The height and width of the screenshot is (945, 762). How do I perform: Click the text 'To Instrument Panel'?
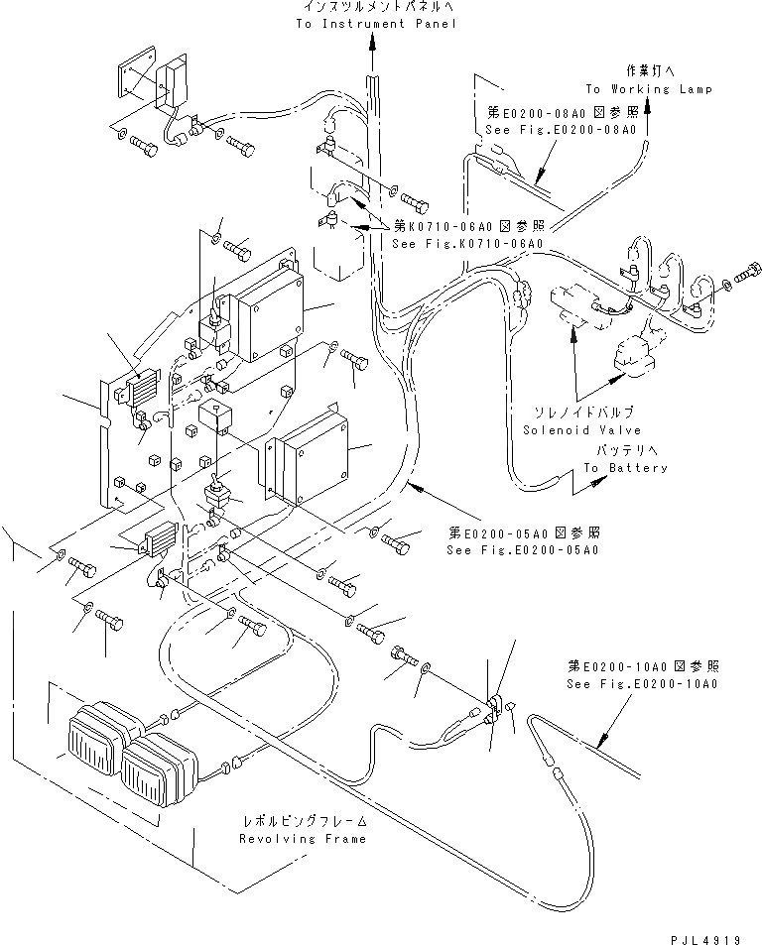point(376,24)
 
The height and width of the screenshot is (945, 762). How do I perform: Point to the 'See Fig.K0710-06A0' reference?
point(467,244)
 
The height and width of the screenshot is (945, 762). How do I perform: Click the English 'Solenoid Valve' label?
point(581,430)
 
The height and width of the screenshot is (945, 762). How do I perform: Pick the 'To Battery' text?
point(625,468)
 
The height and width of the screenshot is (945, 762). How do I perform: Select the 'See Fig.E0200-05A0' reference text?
point(522,549)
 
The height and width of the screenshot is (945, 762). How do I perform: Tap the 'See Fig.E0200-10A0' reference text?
point(642,684)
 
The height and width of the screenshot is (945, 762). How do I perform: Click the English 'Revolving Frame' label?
point(302,838)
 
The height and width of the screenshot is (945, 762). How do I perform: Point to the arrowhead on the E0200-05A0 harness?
point(416,485)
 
